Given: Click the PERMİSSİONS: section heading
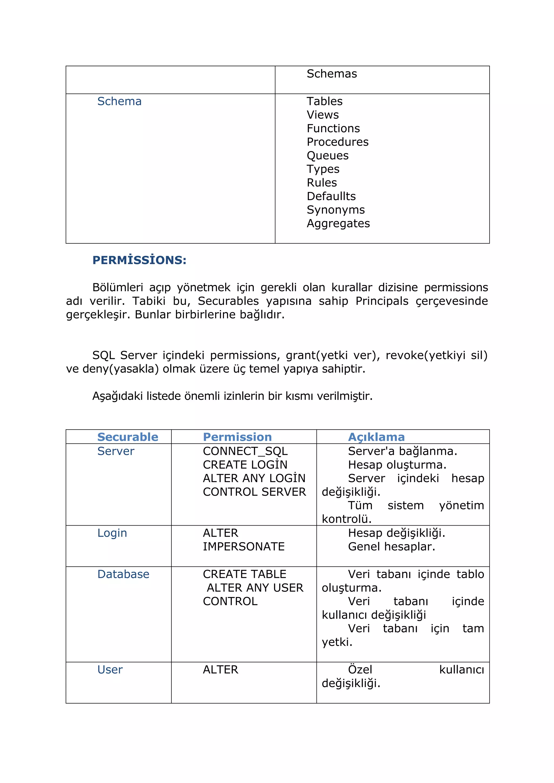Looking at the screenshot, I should pos(139,260).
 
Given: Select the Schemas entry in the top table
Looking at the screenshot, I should pos(332,74).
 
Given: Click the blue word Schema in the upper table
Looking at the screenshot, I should pos(119,101).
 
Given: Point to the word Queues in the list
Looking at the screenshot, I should pos(328,155).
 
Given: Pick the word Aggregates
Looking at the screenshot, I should pos(338,223).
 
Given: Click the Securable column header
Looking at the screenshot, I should pos(128,437).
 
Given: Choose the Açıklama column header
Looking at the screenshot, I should pos(376,437).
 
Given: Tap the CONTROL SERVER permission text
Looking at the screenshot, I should pos(254,492).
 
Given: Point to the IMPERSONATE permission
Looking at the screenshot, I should pos(243,547).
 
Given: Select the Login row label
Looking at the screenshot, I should pos(112,533).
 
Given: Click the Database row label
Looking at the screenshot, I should pos(123,574).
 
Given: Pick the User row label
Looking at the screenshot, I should pos(110,670).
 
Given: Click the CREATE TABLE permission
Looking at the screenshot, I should pos(244,574).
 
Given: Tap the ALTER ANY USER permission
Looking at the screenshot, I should pos(255,588).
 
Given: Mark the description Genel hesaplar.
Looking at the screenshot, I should pos(391,547).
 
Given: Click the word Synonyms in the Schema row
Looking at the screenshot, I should pos(336,210).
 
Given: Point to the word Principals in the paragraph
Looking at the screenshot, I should pos(381,301).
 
